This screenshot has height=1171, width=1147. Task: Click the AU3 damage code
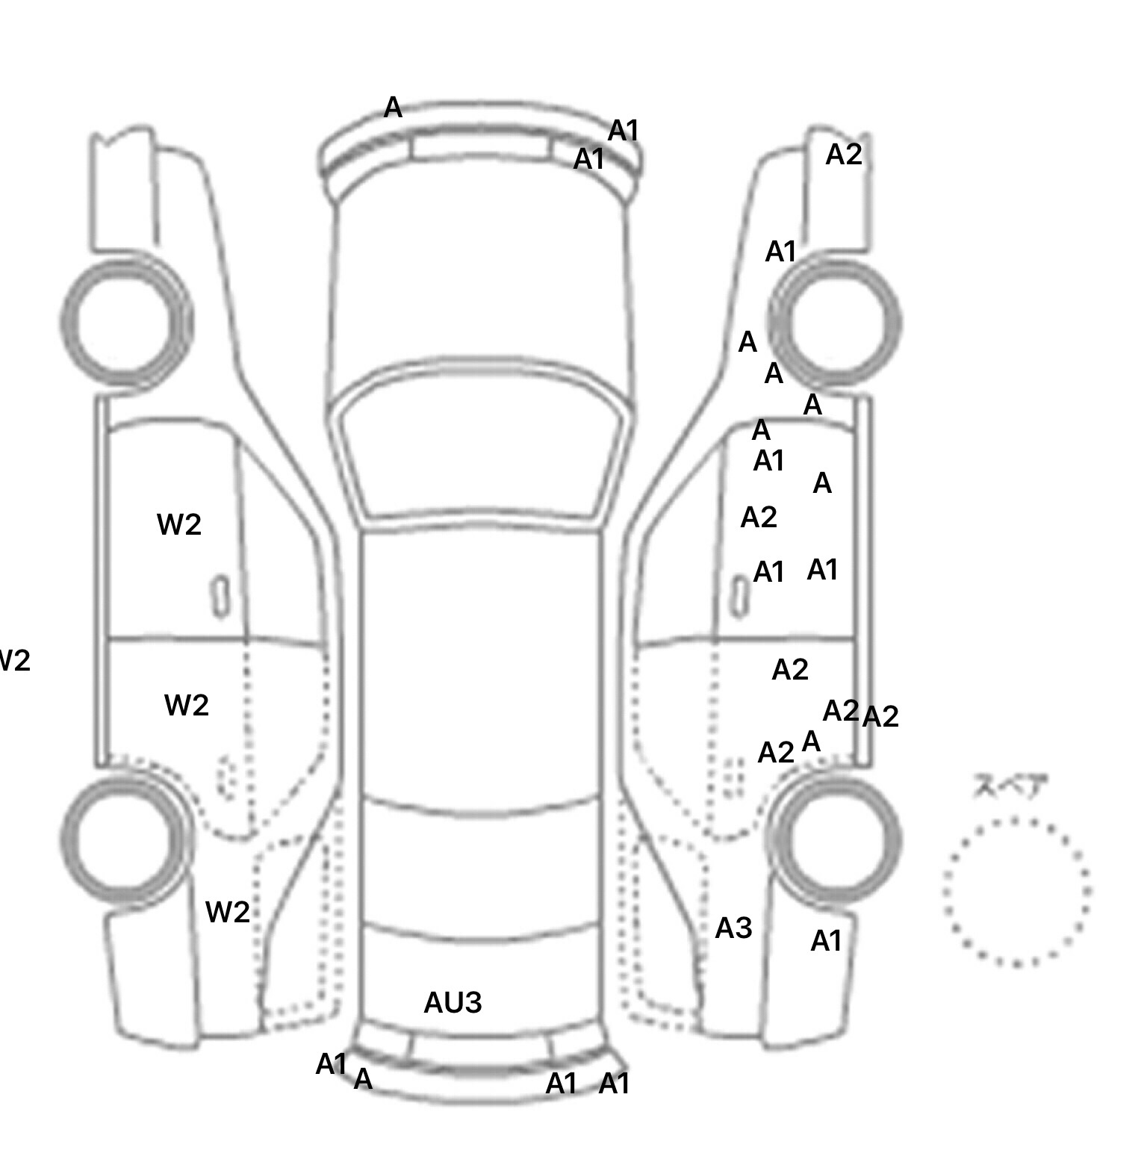[453, 1003]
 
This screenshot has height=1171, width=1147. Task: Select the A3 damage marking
[733, 928]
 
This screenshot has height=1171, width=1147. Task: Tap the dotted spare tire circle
[1016, 892]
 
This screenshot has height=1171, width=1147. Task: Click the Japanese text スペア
[1010, 786]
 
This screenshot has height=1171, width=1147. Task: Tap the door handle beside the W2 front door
[220, 596]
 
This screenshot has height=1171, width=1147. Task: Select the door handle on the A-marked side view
[739, 597]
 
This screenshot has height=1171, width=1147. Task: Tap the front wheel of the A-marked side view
[835, 323]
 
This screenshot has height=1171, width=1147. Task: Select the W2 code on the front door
[179, 525]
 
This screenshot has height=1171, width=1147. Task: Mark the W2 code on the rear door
[186, 705]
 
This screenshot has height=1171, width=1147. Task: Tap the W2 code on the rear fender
[227, 912]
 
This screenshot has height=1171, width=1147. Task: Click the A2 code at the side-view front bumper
[844, 155]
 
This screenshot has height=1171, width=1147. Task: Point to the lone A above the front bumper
[393, 108]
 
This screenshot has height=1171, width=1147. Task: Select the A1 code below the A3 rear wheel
[826, 941]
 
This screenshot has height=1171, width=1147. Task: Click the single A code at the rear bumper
[363, 1079]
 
